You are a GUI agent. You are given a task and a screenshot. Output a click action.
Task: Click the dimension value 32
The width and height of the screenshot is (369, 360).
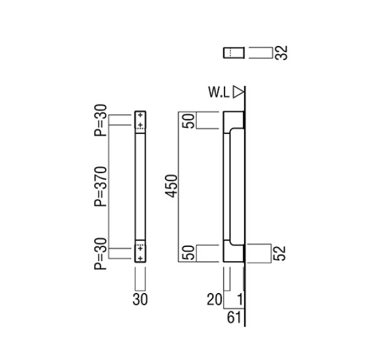pos(282,52)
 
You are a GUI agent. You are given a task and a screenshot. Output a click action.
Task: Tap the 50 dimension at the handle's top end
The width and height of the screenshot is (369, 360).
pos(190,121)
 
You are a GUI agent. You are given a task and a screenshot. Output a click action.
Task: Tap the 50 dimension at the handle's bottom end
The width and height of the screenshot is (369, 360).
pos(190,253)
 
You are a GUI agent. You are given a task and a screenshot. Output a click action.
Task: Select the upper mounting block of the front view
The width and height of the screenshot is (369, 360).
pos(140,120)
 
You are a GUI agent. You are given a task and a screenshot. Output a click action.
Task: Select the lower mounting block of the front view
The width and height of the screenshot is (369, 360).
pos(140,254)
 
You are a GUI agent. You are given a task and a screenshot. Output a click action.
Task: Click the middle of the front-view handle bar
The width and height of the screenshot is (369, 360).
pos(140,187)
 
